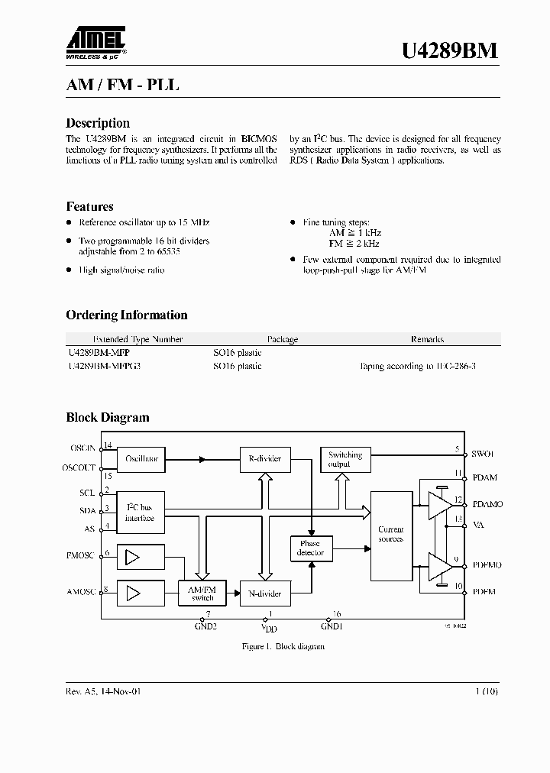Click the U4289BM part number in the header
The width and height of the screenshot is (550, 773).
tap(450, 50)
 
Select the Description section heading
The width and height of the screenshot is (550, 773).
tap(98, 123)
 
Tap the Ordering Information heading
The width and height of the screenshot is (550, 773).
tap(126, 315)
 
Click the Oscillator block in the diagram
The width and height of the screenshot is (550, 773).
tap(141, 459)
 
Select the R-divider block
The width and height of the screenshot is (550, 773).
tap(264, 459)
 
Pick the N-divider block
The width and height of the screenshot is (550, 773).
tap(264, 593)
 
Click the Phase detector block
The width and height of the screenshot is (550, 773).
tap(311, 548)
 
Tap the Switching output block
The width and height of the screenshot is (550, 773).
tap(345, 459)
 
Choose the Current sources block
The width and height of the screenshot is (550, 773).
tap(391, 534)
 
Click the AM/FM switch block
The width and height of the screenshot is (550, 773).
tap(202, 593)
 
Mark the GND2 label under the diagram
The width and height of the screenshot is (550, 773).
tap(206, 626)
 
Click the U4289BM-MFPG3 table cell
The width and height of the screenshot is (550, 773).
tap(105, 366)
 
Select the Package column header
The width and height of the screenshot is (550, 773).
tap(282, 339)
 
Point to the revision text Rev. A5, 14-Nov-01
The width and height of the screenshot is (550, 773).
tap(104, 691)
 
